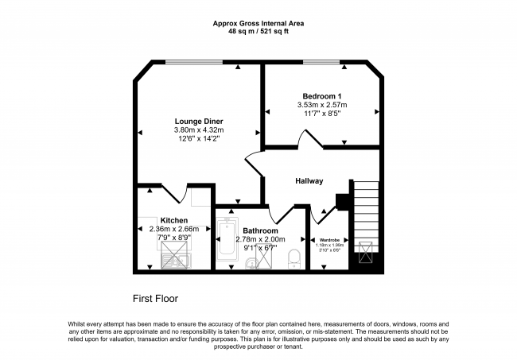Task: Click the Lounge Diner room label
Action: coord(198,122)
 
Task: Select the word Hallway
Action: coord(309,181)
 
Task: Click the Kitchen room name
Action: coord(174,219)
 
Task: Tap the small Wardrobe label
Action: coord(330,239)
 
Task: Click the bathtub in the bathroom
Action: coord(227,237)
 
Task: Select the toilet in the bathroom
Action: coord(293,256)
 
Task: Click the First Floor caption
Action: coord(154,299)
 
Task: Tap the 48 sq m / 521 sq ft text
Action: coord(258,32)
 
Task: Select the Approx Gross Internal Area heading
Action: coord(258,22)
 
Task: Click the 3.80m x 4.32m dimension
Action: coord(199,130)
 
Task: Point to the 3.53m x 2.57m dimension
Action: coord(322,105)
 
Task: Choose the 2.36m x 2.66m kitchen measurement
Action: coord(174,229)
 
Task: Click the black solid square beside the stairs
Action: coord(343,202)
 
